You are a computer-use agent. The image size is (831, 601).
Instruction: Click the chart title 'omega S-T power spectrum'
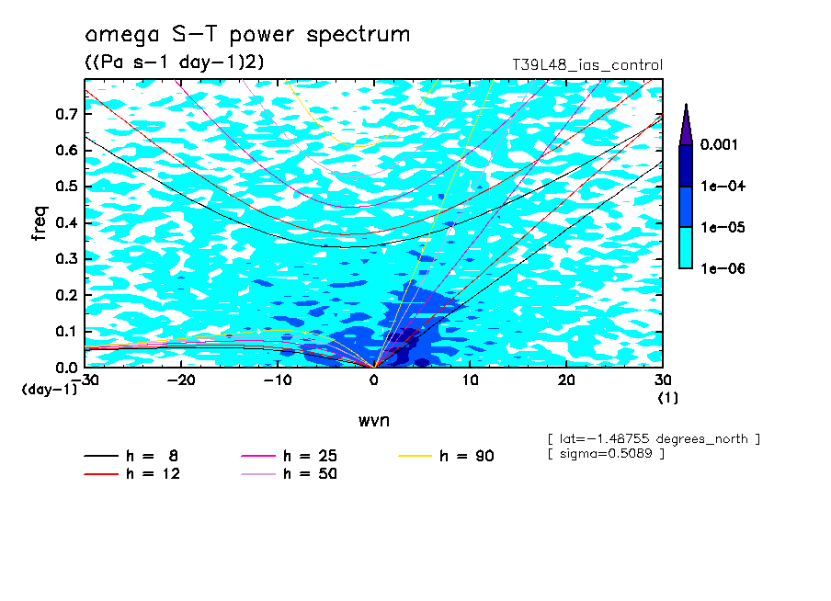pyautogui.click(x=247, y=36)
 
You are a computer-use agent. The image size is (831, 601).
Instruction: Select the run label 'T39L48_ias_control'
pyautogui.click(x=586, y=65)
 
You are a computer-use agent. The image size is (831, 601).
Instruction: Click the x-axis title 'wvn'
pyautogui.click(x=373, y=421)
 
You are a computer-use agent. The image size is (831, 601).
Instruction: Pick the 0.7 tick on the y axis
pyautogui.click(x=65, y=113)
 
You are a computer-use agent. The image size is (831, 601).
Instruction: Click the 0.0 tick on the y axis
pyautogui.click(x=65, y=367)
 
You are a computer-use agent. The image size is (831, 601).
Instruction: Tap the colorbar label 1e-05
pyautogui.click(x=721, y=227)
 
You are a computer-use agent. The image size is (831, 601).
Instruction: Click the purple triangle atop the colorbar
pyautogui.click(x=686, y=124)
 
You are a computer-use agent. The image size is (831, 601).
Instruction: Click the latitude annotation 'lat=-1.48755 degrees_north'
pyautogui.click(x=653, y=438)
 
